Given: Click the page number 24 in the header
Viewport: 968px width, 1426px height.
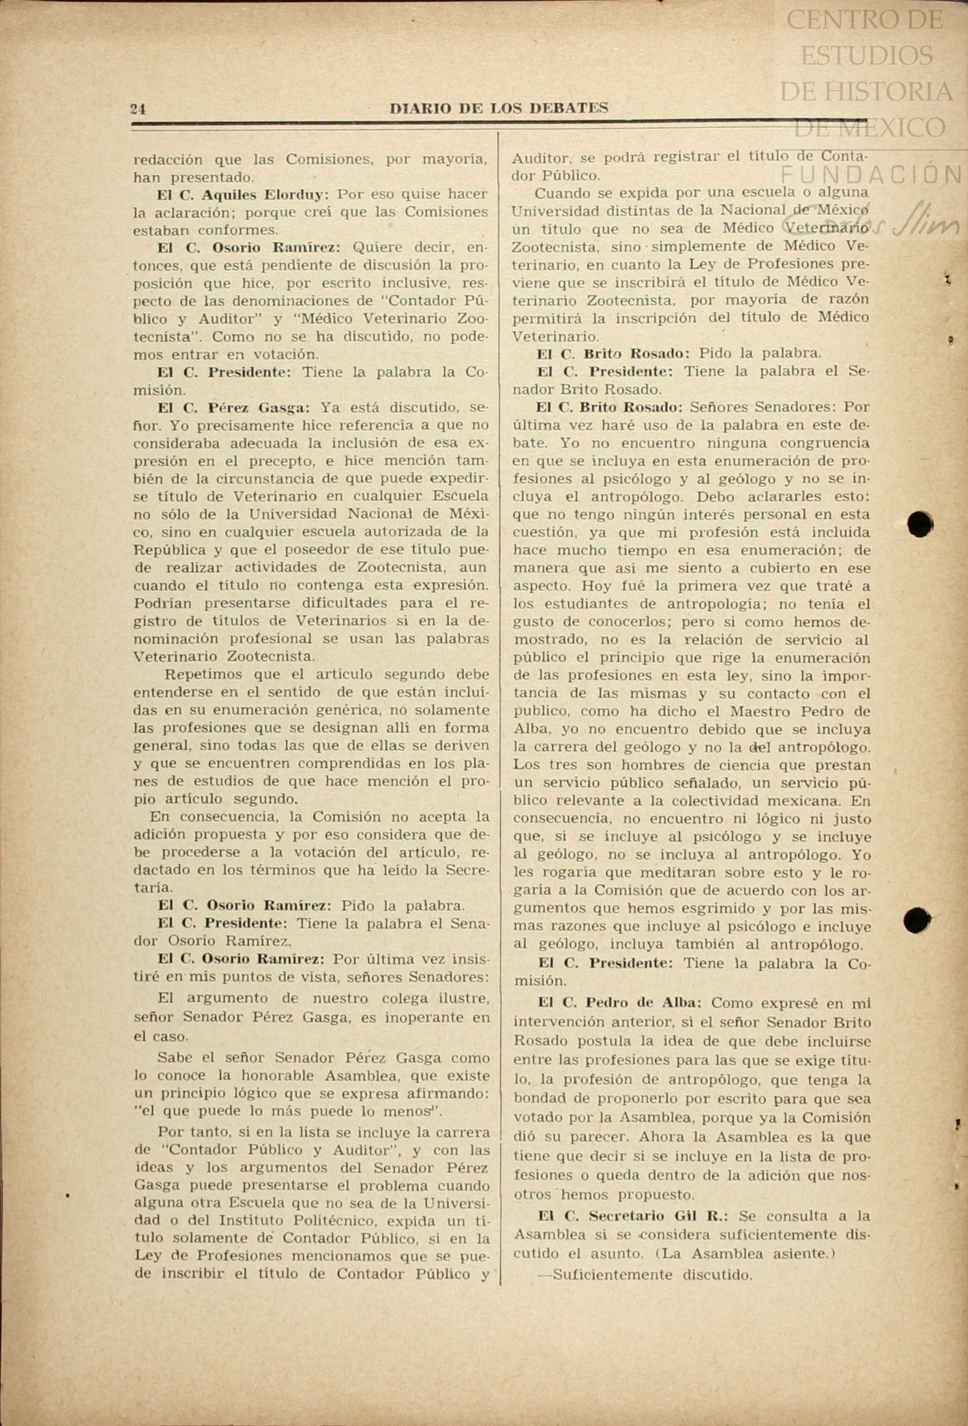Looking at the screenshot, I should (138, 109).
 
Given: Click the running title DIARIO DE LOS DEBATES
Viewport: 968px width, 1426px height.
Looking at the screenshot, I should (499, 108).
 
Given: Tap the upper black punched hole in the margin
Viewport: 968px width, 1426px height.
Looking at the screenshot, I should (920, 524).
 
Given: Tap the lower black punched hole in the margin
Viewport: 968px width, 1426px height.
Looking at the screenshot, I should (917, 920).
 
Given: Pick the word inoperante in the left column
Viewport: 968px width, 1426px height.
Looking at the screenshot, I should (433, 1018).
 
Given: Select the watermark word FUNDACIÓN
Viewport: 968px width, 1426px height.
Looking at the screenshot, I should (871, 174).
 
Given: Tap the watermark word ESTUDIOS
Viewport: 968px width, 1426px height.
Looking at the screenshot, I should (866, 56).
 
